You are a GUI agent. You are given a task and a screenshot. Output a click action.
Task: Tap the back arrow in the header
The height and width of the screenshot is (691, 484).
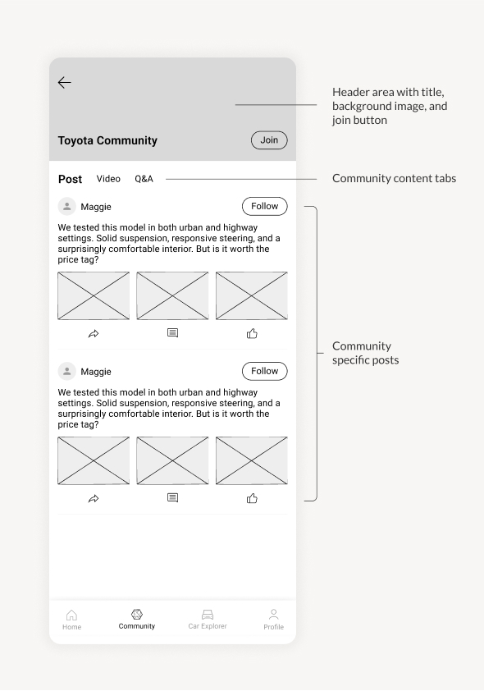(x=64, y=82)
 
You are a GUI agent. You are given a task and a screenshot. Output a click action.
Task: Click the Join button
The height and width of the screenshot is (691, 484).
(x=269, y=140)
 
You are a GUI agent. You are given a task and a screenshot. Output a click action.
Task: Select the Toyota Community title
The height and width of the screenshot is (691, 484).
(x=107, y=140)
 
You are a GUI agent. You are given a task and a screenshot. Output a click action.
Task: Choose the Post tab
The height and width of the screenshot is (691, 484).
(x=70, y=179)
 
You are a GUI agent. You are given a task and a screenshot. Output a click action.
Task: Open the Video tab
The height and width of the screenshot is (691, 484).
(x=108, y=178)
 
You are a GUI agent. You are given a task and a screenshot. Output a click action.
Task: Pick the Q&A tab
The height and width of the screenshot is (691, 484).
(x=144, y=178)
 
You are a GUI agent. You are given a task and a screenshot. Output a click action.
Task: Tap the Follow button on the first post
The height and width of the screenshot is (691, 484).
(x=265, y=206)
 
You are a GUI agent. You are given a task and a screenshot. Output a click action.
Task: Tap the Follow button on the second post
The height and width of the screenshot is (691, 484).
(x=265, y=371)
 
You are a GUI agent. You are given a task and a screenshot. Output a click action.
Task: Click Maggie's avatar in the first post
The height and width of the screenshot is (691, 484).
(x=67, y=206)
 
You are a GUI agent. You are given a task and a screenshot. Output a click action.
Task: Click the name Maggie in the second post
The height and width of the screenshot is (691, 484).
(x=96, y=372)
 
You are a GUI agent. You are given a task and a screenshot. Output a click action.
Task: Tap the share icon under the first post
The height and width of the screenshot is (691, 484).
(x=94, y=334)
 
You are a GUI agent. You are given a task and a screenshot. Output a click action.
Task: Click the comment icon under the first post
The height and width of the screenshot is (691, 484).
(x=172, y=333)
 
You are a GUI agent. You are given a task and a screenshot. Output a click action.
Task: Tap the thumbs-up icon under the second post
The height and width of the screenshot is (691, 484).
(x=252, y=498)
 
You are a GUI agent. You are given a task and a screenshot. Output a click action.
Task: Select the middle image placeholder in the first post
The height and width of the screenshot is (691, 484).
(x=172, y=295)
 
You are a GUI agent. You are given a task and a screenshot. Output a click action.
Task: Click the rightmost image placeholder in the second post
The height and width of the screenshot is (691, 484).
(x=252, y=460)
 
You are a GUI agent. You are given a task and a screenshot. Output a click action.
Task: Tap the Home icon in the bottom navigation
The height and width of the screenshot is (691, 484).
(x=72, y=615)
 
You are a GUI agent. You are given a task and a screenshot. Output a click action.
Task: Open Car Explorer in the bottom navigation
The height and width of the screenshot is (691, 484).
(x=208, y=619)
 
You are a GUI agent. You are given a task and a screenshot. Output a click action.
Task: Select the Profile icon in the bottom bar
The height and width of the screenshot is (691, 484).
(x=273, y=614)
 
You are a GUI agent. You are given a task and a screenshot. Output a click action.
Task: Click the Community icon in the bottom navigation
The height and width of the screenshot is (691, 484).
(x=137, y=614)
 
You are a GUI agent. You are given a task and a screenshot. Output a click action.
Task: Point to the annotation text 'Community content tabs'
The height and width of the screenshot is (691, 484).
(x=394, y=178)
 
